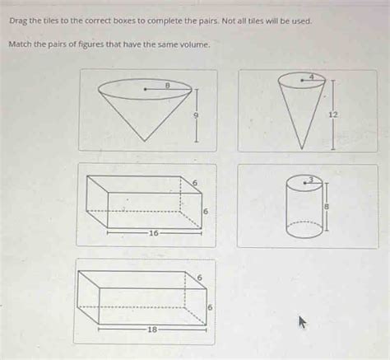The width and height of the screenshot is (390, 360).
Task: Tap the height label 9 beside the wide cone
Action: coord(196,116)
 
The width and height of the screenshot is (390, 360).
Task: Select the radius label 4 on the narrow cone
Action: coord(312,75)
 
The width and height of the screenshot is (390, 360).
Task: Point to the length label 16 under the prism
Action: coord(153,233)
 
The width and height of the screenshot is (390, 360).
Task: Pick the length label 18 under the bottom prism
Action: coord(151,329)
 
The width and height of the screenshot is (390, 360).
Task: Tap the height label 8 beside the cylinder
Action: coord(326,207)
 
